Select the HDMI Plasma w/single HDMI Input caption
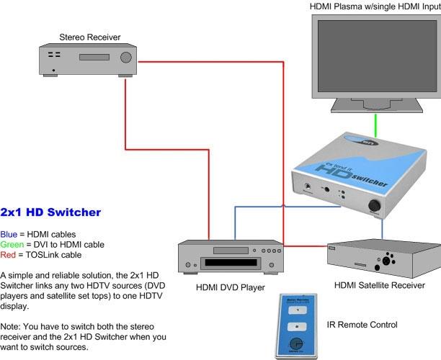374,6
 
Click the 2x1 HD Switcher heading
50,212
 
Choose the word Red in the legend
8,254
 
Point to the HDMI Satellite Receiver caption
379,284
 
